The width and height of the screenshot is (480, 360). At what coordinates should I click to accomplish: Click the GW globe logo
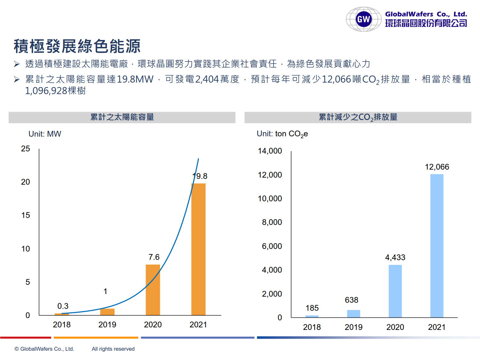tap(364, 19)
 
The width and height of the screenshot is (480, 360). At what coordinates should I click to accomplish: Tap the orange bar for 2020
tap(153, 290)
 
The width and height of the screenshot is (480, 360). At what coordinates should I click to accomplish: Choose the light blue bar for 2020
tap(395, 291)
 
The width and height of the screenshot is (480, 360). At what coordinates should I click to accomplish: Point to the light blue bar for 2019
tap(354, 314)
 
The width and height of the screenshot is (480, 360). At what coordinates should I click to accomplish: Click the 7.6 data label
tap(154, 257)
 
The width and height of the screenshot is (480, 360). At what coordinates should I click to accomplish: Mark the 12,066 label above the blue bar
tap(437, 167)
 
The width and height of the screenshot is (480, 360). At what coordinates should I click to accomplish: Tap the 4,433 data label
tap(395, 257)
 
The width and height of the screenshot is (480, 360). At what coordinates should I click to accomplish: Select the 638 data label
tap(351, 300)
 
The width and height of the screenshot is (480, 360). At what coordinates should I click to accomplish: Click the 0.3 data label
tap(63, 306)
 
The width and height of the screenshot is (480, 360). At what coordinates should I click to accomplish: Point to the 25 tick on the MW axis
tap(26, 148)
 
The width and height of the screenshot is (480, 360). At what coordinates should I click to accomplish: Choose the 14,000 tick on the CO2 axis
tap(270, 151)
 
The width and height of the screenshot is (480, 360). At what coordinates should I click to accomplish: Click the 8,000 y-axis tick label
tap(272, 222)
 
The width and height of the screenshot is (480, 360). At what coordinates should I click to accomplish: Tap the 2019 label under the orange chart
tap(107, 324)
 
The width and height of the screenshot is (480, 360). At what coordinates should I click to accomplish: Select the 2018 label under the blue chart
tap(312, 327)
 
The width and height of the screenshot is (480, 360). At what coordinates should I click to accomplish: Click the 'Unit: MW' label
tap(45, 134)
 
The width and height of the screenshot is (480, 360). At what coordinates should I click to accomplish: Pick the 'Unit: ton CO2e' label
tap(282, 134)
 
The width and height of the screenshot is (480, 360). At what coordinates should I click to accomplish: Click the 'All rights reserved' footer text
tap(113, 349)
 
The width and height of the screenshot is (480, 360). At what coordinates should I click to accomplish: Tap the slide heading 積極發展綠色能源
tap(77, 46)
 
